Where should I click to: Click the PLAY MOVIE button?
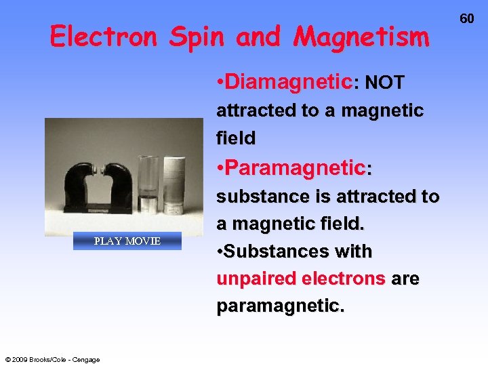click(x=127, y=241)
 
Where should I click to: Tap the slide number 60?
click(x=467, y=19)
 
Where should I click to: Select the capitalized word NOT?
click(x=384, y=83)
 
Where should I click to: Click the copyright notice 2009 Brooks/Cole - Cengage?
click(x=52, y=359)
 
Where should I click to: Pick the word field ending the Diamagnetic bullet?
click(x=236, y=138)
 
